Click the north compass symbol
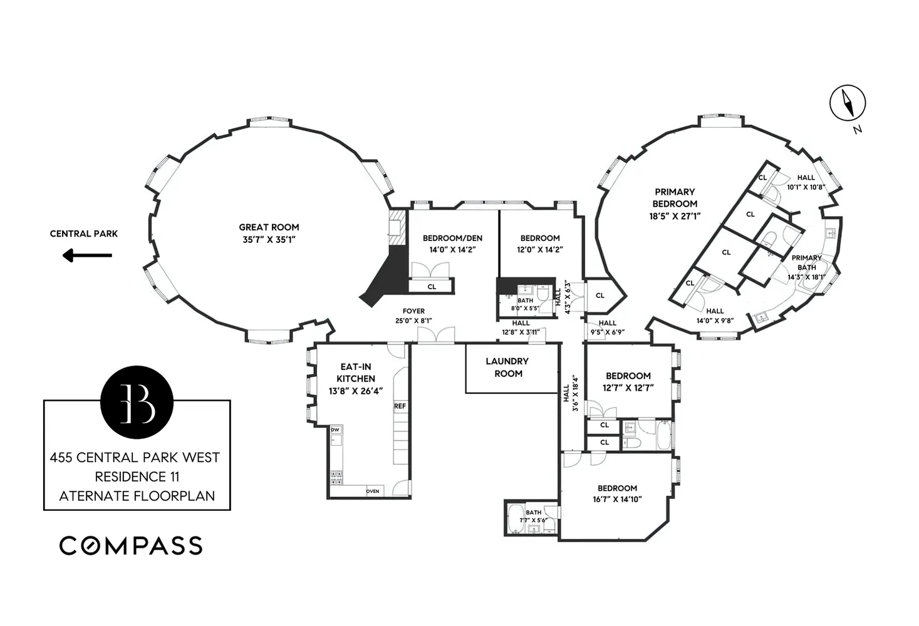tap(847, 103)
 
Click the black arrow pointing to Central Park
tap(87, 255)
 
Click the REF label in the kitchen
tap(400, 406)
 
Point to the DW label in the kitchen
tap(335, 429)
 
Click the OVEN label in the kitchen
tap(372, 491)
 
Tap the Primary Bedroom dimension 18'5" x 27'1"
tap(674, 216)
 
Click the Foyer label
tap(413, 311)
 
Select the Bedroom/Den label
tap(452, 238)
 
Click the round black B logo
tap(137, 402)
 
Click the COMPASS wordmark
tap(131, 545)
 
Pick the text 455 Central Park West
tap(135, 458)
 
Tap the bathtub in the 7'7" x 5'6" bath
tap(515, 519)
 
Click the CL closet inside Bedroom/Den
tap(431, 287)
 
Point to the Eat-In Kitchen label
tap(356, 372)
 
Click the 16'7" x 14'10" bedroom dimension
tap(617, 500)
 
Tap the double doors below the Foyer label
tap(436, 336)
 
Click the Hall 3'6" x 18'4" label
tap(570, 393)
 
